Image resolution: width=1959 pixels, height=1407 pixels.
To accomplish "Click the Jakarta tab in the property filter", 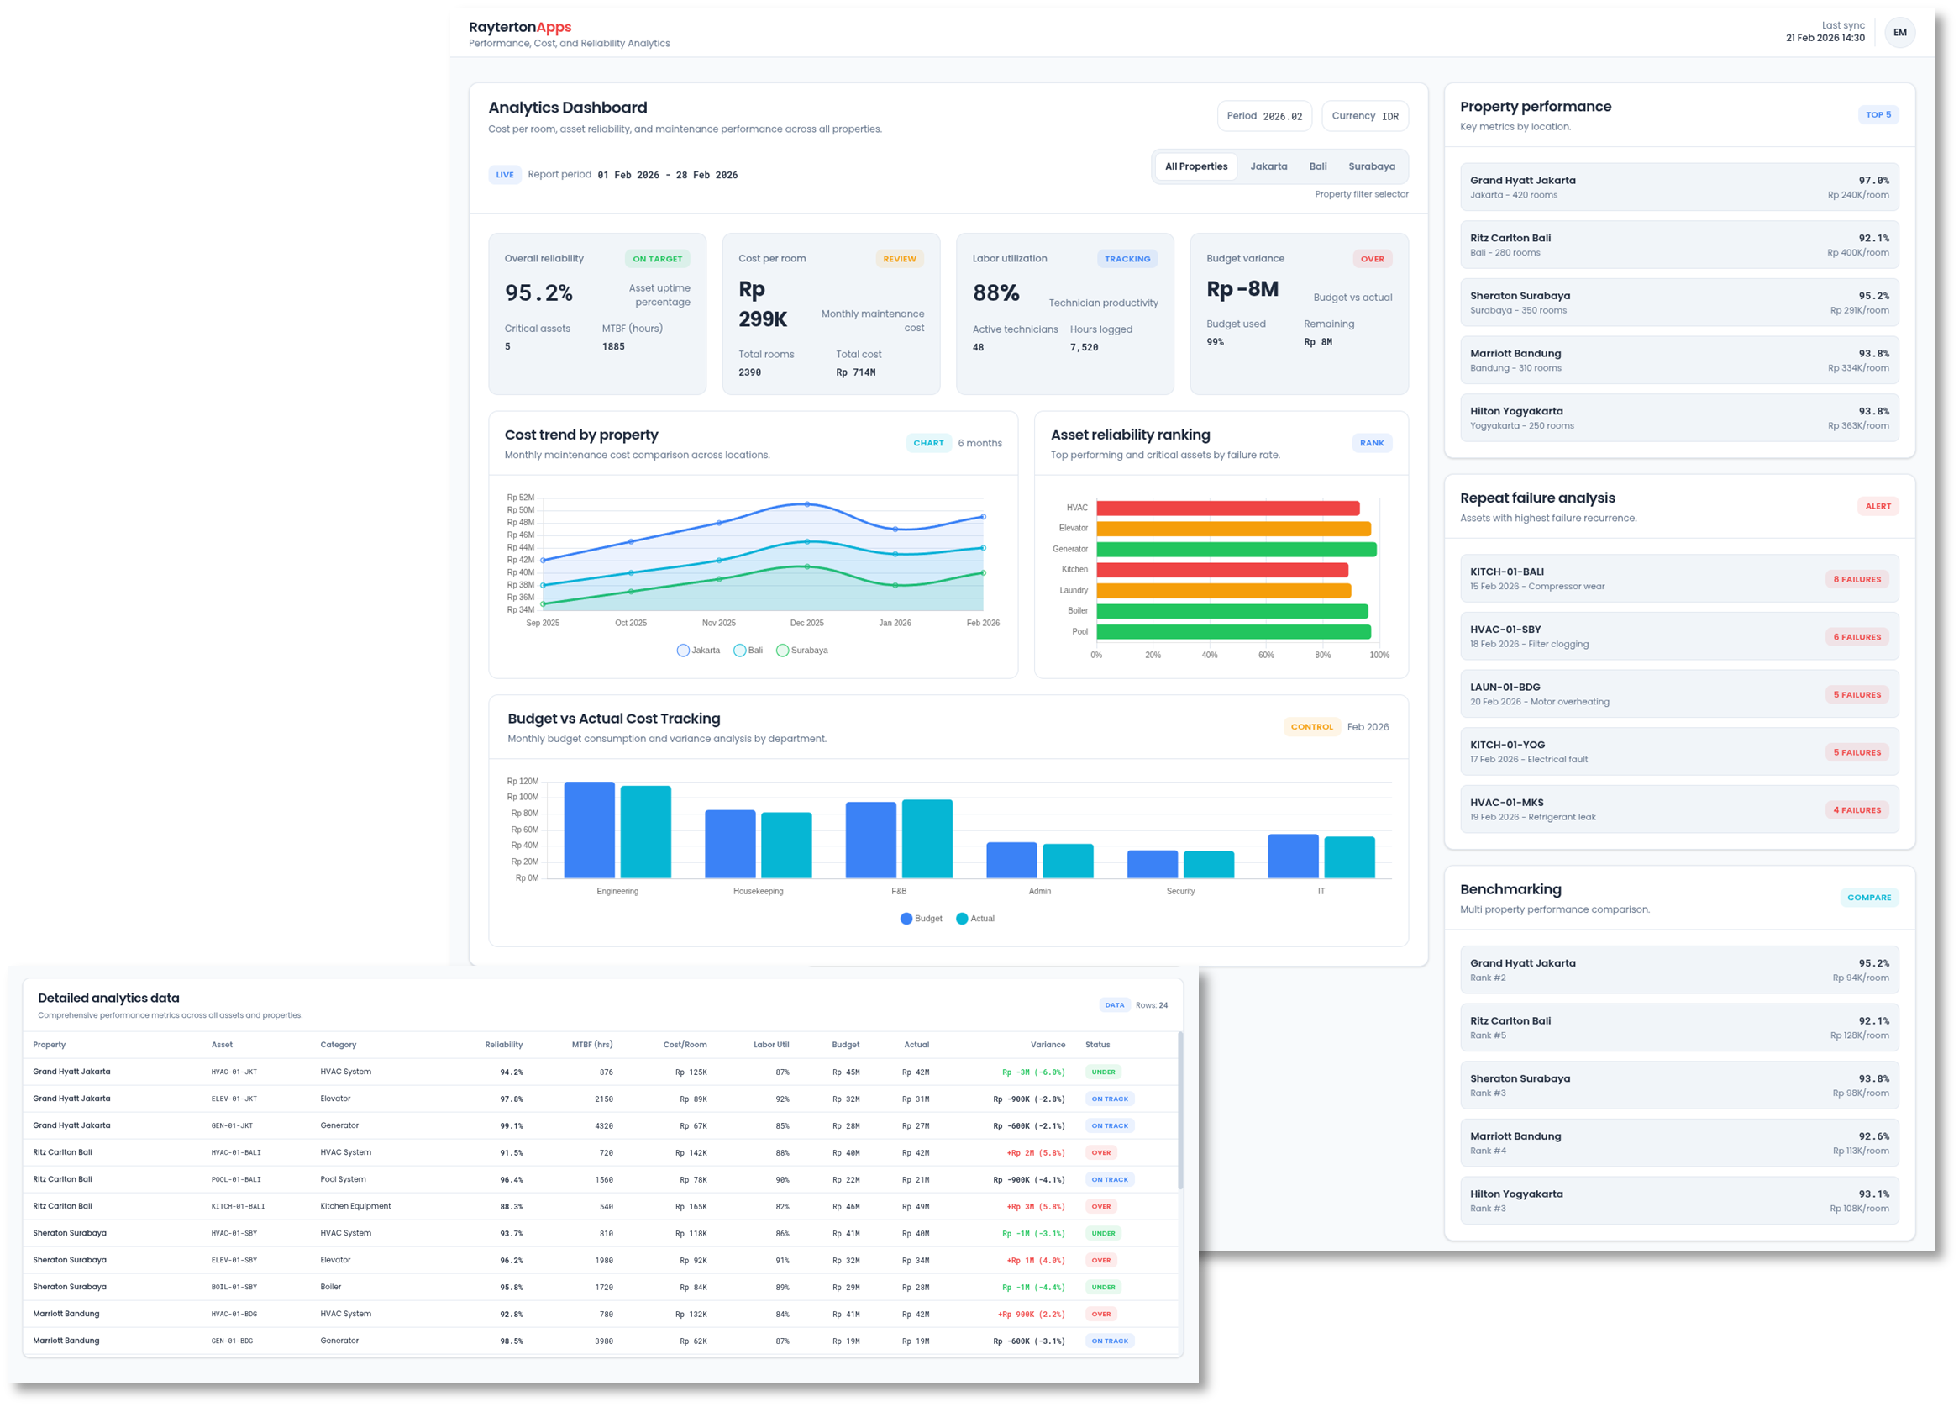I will click(1268, 166).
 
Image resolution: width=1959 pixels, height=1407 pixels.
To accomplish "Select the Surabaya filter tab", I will click(1371, 166).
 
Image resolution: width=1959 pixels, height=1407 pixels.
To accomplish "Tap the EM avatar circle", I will click(1899, 33).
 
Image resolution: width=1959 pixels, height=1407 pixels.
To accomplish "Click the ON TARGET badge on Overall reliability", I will click(656, 258).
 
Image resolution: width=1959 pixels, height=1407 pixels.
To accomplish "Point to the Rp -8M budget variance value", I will click(1242, 289).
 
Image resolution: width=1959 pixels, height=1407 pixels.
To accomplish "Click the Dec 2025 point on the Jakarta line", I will click(806, 503).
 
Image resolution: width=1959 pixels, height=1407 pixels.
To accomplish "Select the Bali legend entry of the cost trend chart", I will click(748, 650).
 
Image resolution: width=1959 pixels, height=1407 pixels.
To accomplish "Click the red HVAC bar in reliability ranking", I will click(1226, 509).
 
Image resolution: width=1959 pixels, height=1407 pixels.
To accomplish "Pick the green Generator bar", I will click(1235, 550).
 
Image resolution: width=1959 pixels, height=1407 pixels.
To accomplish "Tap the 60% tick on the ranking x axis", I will click(1265, 655).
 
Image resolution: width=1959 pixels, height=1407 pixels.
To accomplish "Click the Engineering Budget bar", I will click(589, 830).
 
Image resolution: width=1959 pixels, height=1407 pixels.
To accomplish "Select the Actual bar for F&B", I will click(927, 838).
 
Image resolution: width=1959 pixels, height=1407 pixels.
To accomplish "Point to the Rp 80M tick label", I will click(523, 814).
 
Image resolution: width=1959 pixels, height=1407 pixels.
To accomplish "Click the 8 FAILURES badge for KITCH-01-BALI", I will click(1857, 579).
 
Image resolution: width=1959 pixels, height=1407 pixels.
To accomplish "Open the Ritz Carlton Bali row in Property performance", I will click(1678, 245).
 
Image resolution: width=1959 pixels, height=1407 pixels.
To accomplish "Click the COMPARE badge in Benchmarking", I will click(1868, 897).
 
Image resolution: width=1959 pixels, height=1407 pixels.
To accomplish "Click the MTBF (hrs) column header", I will click(591, 1045).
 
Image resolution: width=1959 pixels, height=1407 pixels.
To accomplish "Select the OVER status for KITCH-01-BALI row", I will click(1100, 1206).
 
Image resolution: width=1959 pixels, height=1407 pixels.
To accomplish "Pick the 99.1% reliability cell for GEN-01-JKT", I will click(511, 1126).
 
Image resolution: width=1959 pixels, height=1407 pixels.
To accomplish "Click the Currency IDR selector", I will click(1364, 116).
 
